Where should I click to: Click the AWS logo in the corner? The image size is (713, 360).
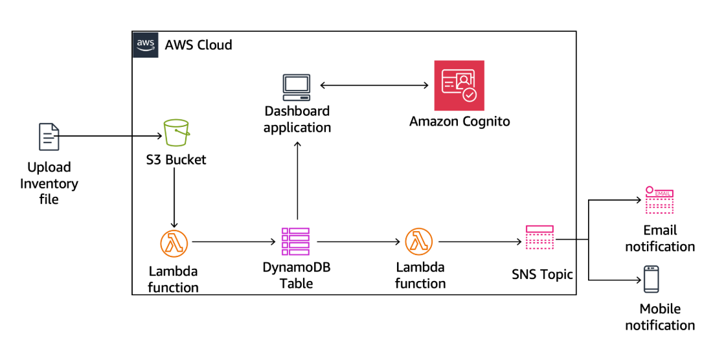tap(145, 45)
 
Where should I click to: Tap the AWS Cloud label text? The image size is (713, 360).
tap(198, 45)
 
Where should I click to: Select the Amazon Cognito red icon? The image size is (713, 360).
tap(459, 85)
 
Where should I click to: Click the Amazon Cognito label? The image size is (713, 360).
tap(459, 121)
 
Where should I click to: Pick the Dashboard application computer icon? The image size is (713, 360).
tap(297, 86)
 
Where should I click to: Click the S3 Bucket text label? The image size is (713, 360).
tap(175, 159)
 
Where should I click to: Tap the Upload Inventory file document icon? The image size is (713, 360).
tap(49, 137)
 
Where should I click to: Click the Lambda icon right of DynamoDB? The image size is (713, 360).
tap(419, 242)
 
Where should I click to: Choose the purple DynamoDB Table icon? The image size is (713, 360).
tap(295, 242)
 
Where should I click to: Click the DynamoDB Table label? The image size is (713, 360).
tap(296, 275)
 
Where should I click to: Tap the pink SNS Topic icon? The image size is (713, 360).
tap(539, 238)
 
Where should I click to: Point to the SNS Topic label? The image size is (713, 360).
tap(542, 275)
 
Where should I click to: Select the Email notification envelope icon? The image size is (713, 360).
tap(659, 200)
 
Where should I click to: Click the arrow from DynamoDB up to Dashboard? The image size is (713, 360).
tap(297, 181)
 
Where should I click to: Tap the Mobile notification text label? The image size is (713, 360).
tap(659, 317)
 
